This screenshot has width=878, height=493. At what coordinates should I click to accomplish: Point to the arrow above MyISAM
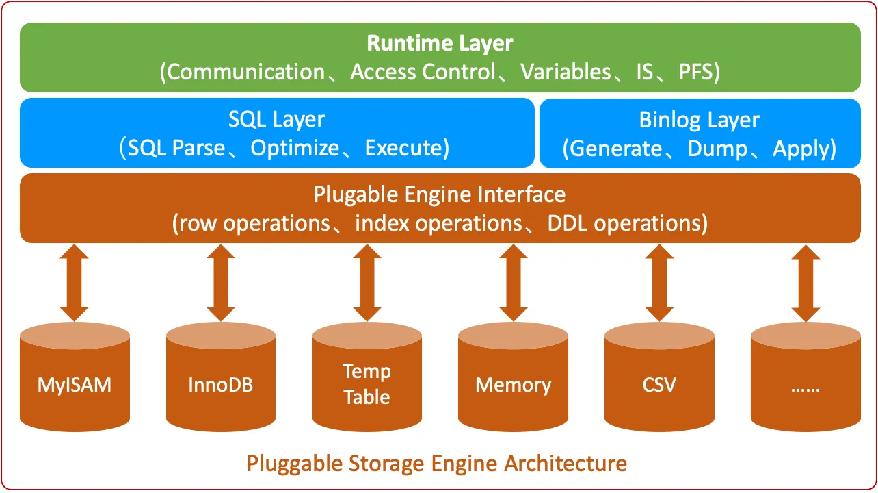75,283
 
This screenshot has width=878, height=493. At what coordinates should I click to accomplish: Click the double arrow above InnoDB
220,283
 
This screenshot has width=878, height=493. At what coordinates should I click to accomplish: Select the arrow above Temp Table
367,283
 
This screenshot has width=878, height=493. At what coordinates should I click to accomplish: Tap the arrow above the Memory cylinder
513,283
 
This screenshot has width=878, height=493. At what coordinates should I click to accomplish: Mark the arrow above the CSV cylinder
659,283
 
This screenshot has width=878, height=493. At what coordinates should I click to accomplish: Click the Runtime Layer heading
440,44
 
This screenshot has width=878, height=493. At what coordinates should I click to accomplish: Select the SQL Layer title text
276,119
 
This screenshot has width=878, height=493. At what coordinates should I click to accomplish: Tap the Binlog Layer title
699,120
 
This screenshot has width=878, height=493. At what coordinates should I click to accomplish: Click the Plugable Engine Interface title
440,194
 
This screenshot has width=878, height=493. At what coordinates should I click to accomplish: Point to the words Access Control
422,72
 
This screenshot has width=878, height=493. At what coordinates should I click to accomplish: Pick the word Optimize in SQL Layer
295,148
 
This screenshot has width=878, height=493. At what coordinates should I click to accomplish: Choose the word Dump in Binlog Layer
717,149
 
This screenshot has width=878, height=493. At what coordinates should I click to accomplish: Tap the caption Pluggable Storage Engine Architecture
436,464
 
